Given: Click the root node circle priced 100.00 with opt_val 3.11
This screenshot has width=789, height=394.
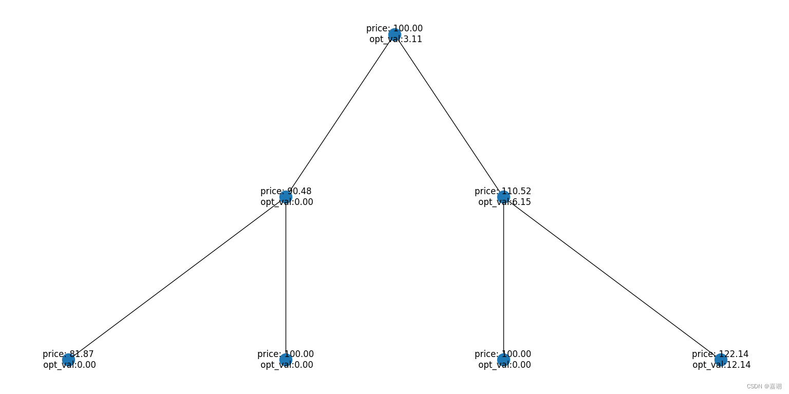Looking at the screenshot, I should pyautogui.click(x=394, y=34).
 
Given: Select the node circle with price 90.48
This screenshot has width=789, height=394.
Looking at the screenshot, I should pyautogui.click(x=286, y=197).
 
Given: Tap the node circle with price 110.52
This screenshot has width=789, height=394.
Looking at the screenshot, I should pyautogui.click(x=503, y=197).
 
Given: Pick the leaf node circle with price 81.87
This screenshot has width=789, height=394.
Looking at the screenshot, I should pyautogui.click(x=68, y=360).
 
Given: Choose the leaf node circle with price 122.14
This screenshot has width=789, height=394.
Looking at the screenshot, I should pyautogui.click(x=721, y=360).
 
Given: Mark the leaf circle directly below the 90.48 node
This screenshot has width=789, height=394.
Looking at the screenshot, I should pyautogui.click(x=286, y=360).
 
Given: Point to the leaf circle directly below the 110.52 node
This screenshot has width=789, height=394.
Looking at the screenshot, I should pyautogui.click(x=503, y=360).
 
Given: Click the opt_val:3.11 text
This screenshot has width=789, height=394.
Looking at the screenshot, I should pyautogui.click(x=396, y=40).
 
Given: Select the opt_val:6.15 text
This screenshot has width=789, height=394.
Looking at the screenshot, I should pyautogui.click(x=504, y=202).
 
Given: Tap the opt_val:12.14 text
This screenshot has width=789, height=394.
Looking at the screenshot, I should pyautogui.click(x=721, y=365).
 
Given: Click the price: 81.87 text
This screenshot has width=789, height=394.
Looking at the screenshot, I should pyautogui.click(x=68, y=354).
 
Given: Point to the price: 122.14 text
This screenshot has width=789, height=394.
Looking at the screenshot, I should pyautogui.click(x=720, y=354).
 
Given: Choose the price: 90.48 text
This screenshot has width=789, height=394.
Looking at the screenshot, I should pyautogui.click(x=286, y=191).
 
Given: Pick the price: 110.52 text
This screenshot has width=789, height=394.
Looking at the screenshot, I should pyautogui.click(x=503, y=191).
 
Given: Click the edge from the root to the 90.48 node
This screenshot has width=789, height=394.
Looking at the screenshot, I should pyautogui.click(x=340, y=116).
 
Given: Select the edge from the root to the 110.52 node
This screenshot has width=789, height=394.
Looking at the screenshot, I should pyautogui.click(x=449, y=116).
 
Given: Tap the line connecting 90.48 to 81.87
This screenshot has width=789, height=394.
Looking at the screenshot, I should pyautogui.click(x=177, y=278).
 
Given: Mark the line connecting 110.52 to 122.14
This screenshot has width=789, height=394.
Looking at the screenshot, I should pyautogui.click(x=612, y=278).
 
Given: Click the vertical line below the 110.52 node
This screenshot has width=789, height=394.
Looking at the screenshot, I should pyautogui.click(x=503, y=278).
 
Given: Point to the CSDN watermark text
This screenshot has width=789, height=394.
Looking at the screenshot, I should pyautogui.click(x=764, y=386).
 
